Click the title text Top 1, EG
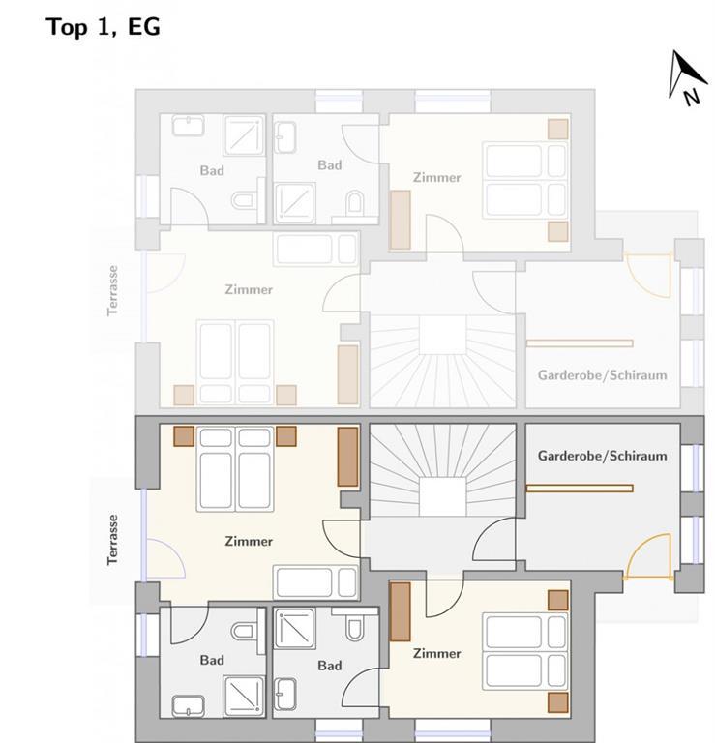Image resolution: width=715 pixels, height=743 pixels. coord(104,27)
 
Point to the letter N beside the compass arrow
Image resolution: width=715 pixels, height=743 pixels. coord(692,97)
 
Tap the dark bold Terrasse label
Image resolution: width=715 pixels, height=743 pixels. coord(112,540)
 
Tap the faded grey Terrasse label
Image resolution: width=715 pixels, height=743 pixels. coord(112,290)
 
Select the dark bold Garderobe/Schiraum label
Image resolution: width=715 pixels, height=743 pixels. coord(602,456)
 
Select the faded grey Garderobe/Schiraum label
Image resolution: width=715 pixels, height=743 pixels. coord(602,375)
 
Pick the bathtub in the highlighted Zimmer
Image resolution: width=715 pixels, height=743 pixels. coord(316,582)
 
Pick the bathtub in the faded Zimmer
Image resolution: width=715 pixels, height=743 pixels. coord(316,249)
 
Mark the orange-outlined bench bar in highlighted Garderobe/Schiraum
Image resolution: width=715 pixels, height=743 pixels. coord(580,488)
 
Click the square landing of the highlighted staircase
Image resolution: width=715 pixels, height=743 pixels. coord(442,496)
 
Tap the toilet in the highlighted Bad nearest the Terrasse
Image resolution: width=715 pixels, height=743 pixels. coord(243,631)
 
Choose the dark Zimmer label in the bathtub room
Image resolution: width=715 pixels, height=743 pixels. coord(249,541)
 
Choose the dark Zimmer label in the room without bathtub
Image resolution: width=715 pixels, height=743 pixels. coord(437,653)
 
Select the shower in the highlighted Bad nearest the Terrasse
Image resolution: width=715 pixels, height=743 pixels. coord(244,697)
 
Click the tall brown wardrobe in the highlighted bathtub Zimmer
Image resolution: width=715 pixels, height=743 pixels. coord(347,457)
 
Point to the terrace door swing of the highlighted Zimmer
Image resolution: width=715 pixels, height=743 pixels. coord(165,558)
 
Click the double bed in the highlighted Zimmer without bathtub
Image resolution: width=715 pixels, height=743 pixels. coord(525,651)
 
